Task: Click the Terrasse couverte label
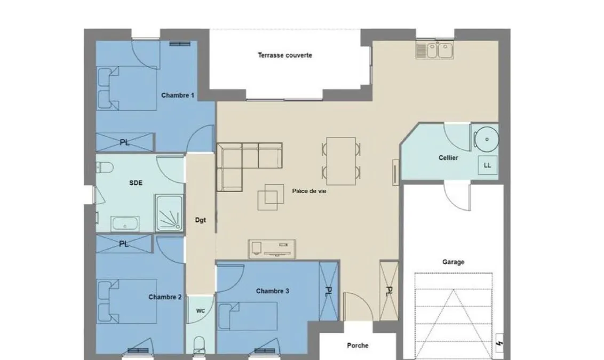pyautogui.click(x=285, y=55)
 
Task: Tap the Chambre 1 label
pyautogui.click(x=178, y=95)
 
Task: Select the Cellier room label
pyautogui.click(x=448, y=157)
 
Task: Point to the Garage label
pyautogui.click(x=453, y=262)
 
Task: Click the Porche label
pyautogui.click(x=357, y=346)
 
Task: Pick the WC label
pyautogui.click(x=200, y=311)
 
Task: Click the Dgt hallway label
pyautogui.click(x=200, y=220)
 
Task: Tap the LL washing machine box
pyautogui.click(x=487, y=165)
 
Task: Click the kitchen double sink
pyautogui.click(x=434, y=51)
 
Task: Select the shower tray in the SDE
pyautogui.click(x=169, y=213)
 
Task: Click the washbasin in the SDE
pyautogui.click(x=125, y=223)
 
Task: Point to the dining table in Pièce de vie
pyautogui.click(x=341, y=161)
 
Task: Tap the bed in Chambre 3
pyautogui.click(x=248, y=316)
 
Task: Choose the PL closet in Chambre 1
pyautogui.click(x=125, y=142)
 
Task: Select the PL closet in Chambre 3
pyautogui.click(x=329, y=291)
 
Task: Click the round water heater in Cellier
pyautogui.click(x=487, y=139)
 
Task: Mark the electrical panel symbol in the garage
pyautogui.click(x=499, y=343)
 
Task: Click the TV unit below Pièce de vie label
pyautogui.click(x=272, y=249)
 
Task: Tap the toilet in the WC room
pyautogui.click(x=199, y=346)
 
